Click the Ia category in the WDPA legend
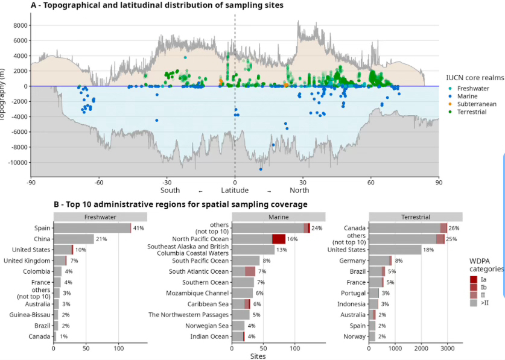[x=484, y=279]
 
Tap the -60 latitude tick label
[x=98, y=182]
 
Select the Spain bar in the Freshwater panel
[x=92, y=228]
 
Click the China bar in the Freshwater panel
[x=74, y=239]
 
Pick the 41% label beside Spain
[x=139, y=228]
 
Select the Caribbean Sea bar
[x=241, y=304]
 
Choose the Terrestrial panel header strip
[x=416, y=217]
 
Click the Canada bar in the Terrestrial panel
[x=407, y=228]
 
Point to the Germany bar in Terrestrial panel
[x=380, y=261]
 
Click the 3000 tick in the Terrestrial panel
[x=447, y=349]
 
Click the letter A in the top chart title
[x=34, y=5]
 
